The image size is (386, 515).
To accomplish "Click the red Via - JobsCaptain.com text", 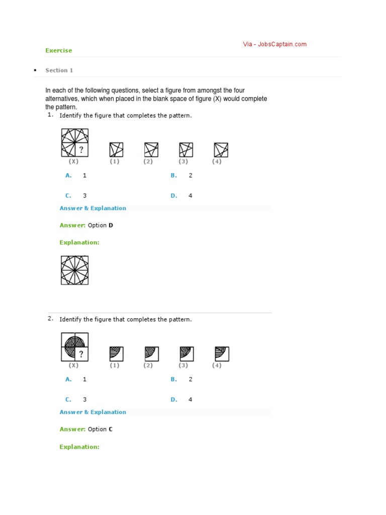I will tap(274, 44).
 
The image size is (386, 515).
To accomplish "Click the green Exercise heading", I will tap(59, 50).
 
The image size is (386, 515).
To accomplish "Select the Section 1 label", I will tap(59, 70).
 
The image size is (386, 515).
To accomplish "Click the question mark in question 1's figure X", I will tap(81, 150).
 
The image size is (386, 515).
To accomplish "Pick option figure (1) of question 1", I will tap(116, 150).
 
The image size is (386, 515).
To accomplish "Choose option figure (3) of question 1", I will tap(186, 150).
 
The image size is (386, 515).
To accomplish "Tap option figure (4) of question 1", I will tap(221, 150).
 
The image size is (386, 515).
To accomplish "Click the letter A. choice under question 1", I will tap(68, 176).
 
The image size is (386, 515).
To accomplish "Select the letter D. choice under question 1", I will tap(174, 196).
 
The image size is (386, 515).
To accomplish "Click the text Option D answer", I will tap(101, 225).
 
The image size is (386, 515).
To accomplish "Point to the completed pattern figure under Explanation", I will tap(74, 270).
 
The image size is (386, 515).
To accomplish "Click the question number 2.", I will tap(50, 319).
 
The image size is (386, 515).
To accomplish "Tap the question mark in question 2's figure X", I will tap(81, 354).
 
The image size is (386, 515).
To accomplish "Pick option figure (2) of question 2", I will tap(151, 354).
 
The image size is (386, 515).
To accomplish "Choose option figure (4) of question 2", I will tap(221, 354).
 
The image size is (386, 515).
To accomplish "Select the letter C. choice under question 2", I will tap(68, 400).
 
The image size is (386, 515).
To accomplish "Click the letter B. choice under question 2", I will tap(174, 379).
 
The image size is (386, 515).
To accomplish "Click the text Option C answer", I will tap(101, 429).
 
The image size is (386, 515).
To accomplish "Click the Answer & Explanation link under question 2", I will tap(93, 412).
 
